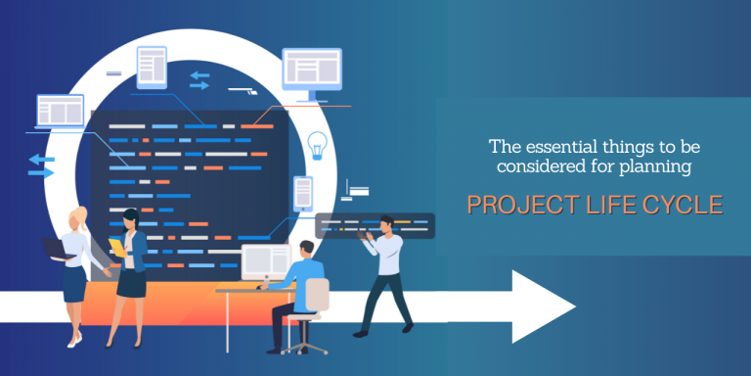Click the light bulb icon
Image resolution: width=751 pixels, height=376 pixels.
[317, 145]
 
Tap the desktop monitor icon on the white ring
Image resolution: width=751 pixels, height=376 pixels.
[312, 74]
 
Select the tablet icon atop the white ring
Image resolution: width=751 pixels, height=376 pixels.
[152, 68]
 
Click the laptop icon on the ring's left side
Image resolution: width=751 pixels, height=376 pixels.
[61, 112]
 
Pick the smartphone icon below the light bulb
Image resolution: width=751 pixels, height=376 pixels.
[303, 193]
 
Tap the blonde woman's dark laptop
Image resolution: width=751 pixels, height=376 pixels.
[58, 249]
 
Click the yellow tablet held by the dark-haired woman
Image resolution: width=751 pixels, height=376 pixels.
[117, 247]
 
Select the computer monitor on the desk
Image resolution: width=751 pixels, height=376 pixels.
[266, 263]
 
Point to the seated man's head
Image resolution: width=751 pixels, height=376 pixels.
[306, 250]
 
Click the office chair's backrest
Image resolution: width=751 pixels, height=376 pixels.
[317, 295]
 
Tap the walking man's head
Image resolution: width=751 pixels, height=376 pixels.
[386, 225]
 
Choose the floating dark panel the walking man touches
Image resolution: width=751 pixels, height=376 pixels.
[375, 225]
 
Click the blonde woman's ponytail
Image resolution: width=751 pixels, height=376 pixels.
[83, 215]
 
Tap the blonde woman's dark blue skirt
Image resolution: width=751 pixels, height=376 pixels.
[74, 284]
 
